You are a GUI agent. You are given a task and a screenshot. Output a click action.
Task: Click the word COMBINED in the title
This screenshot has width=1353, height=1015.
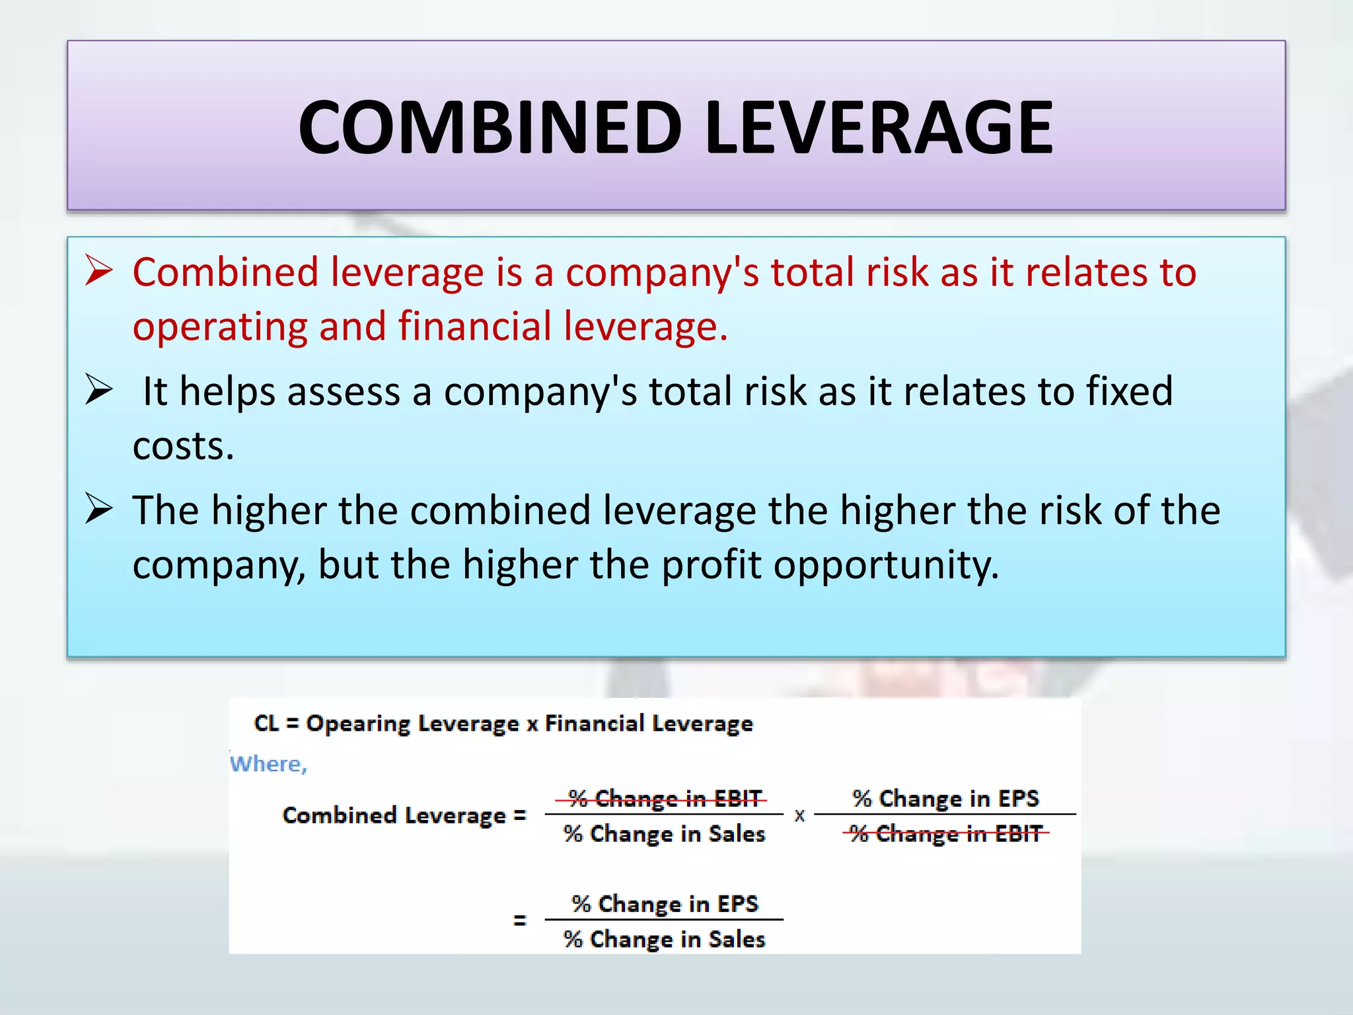[490, 127]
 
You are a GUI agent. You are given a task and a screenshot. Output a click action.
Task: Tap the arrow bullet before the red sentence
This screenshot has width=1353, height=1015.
[99, 272]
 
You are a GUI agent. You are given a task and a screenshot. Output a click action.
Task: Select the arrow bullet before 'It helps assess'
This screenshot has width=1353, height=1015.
[99, 390]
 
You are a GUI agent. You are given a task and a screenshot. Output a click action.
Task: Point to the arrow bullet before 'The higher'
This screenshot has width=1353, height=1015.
[99, 509]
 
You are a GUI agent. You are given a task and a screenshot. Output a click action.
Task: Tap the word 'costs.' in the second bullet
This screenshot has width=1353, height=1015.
[183, 446]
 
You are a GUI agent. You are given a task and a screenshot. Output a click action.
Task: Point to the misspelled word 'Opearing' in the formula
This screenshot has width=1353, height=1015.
[348, 724]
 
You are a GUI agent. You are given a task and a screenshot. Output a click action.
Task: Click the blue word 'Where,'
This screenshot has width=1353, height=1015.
[268, 764]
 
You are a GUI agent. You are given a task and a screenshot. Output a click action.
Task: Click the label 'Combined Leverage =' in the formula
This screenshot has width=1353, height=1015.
[404, 815]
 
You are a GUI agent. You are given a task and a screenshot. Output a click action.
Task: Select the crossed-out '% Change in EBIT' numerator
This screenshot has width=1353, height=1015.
[664, 799]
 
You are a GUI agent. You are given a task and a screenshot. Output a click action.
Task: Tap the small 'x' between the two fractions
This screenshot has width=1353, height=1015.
[799, 816]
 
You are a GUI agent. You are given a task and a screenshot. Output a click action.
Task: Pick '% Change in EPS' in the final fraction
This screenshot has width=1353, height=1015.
[664, 903]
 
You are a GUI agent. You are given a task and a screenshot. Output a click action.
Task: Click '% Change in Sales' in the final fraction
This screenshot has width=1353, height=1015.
[664, 939]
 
